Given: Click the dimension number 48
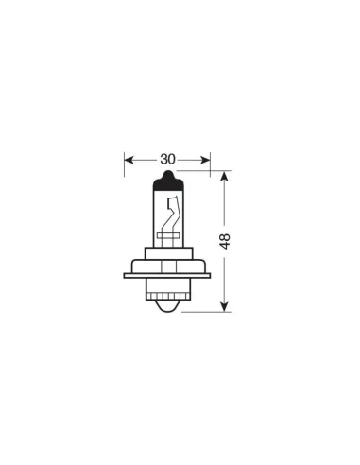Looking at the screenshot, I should click(x=226, y=240).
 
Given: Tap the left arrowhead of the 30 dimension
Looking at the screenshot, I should click(x=129, y=159).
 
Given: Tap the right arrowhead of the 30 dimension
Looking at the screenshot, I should click(x=205, y=159).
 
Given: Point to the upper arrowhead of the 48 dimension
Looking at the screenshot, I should click(x=226, y=177).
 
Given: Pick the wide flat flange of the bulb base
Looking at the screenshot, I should click(x=167, y=275).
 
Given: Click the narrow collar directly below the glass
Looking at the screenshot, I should click(x=167, y=248).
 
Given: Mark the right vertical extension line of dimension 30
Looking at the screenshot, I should click(x=210, y=170).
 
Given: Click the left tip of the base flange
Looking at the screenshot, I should click(x=127, y=275).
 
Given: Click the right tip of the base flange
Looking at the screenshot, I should click(x=208, y=275).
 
